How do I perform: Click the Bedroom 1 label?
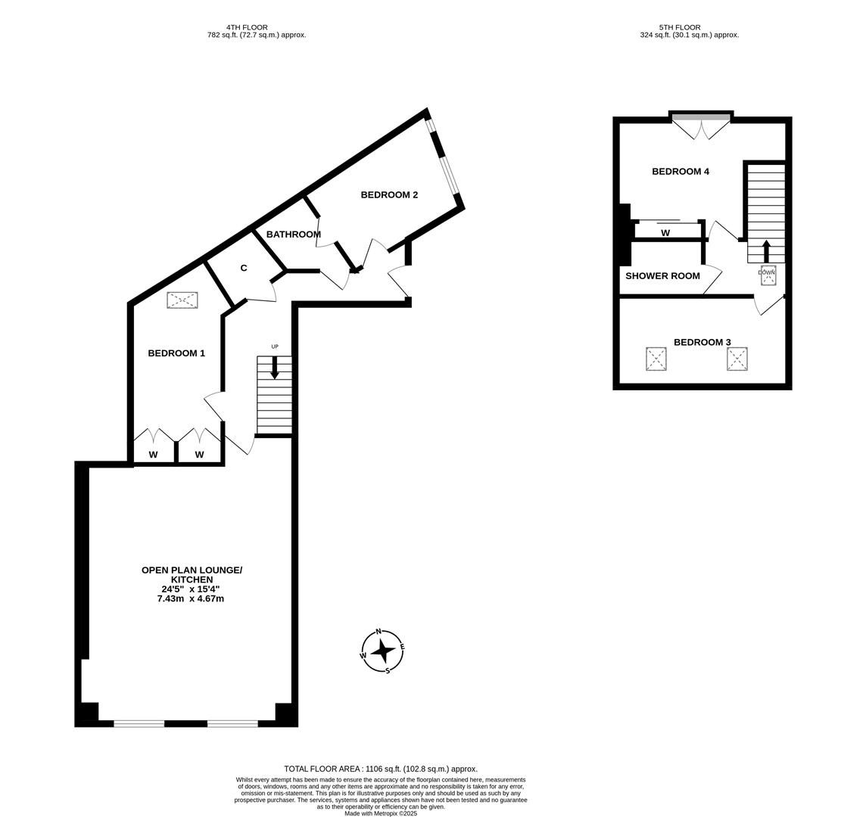pyautogui.click(x=176, y=353)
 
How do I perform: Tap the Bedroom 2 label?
pyautogui.click(x=389, y=195)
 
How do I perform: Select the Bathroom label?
pyautogui.click(x=294, y=235)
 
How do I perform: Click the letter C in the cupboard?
pyautogui.click(x=244, y=269)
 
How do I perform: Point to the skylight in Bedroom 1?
pyautogui.click(x=182, y=300)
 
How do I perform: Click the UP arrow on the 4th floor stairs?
pyautogui.click(x=275, y=367)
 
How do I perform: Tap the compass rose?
pyautogui.click(x=383, y=651)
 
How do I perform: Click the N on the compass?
pyautogui.click(x=378, y=632)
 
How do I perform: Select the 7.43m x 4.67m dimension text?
pyautogui.click(x=190, y=599)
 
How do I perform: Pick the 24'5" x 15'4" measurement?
pyautogui.click(x=191, y=589)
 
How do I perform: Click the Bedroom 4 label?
pyautogui.click(x=681, y=172)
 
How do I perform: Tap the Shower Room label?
pyautogui.click(x=662, y=276)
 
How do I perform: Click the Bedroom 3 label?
pyautogui.click(x=702, y=343)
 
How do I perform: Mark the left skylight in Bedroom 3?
pyautogui.click(x=656, y=359)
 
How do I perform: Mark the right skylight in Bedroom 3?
pyautogui.click(x=737, y=359)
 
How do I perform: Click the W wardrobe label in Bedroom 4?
pyautogui.click(x=665, y=233)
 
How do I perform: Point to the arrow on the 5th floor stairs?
pyautogui.click(x=766, y=251)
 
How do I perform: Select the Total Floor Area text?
pyautogui.click(x=381, y=769)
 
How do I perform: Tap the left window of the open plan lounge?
pyautogui.click(x=139, y=724)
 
